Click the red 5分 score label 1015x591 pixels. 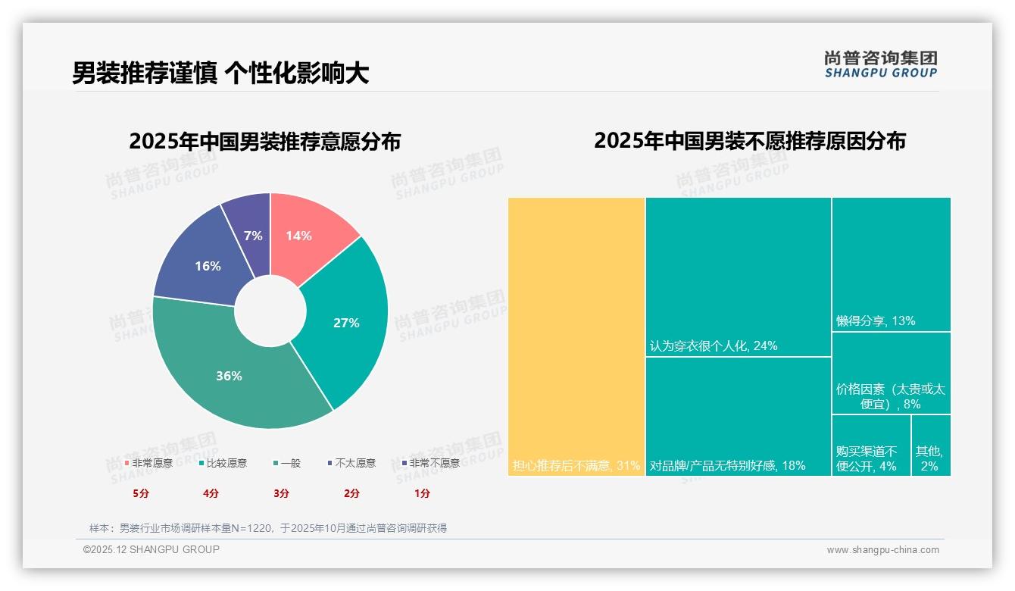pyautogui.click(x=141, y=493)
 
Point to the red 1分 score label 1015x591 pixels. pyautogui.click(x=422, y=493)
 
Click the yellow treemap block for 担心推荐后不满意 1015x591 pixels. pyautogui.click(x=576, y=336)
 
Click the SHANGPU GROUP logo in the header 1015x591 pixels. pyautogui.click(x=880, y=64)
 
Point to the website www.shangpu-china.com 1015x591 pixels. pyautogui.click(x=882, y=550)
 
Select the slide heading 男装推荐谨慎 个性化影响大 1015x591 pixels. pyautogui.click(x=220, y=73)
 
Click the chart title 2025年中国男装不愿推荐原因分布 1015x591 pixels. pyautogui.click(x=749, y=141)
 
